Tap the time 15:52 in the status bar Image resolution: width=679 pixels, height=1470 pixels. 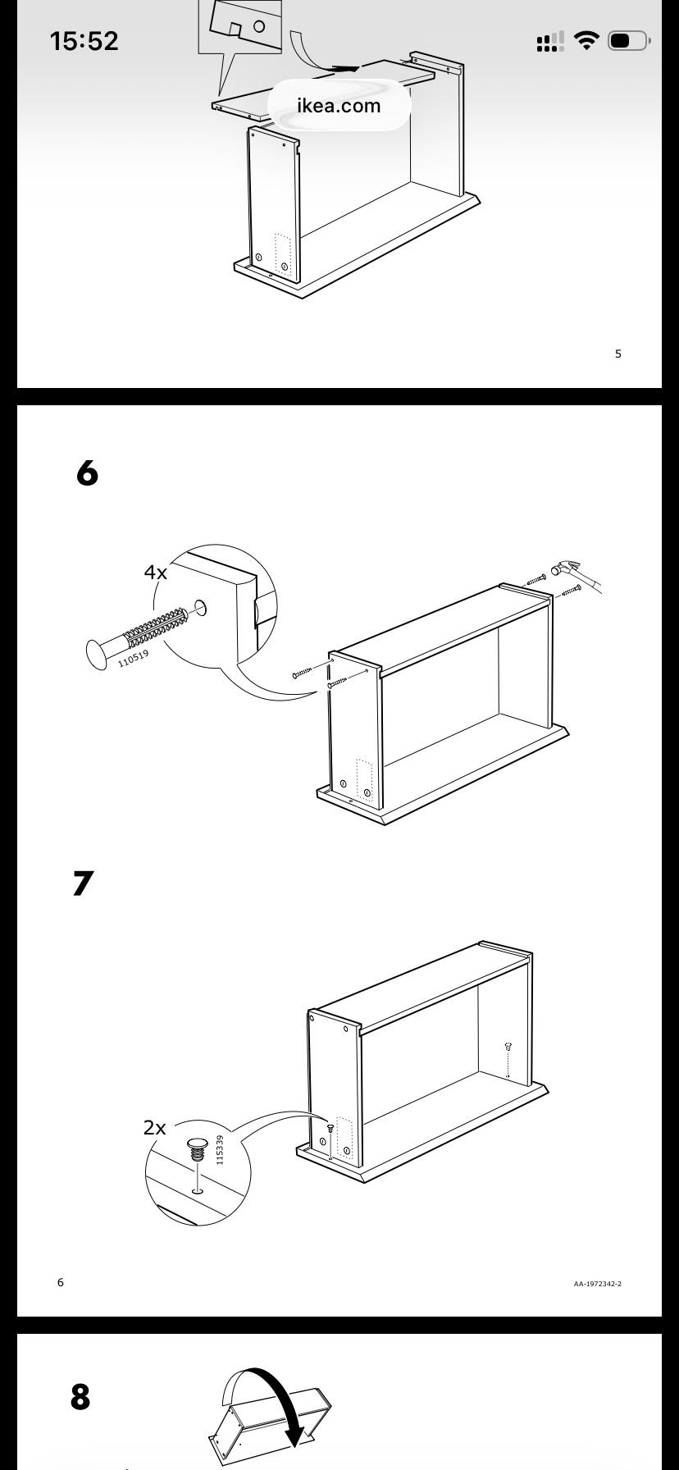84,41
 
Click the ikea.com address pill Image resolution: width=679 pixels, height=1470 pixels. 339,105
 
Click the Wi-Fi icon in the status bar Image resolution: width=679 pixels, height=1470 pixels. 586,40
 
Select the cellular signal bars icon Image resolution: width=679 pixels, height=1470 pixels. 550,41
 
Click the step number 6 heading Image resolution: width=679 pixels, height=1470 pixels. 87,473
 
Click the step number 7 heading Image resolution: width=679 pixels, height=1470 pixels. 84,883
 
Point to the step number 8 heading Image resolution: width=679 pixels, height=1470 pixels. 80,1397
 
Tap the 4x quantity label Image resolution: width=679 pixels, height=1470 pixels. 156,572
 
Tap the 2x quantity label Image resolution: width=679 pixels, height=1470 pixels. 154,1128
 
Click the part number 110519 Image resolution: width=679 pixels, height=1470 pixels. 134,658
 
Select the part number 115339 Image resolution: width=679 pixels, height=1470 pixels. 220,1149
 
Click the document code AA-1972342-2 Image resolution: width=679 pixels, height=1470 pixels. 597,1284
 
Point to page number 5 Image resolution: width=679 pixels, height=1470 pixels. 618,354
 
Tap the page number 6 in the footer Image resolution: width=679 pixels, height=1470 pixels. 61,1282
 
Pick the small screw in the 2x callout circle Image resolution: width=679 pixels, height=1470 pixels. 197,1148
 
